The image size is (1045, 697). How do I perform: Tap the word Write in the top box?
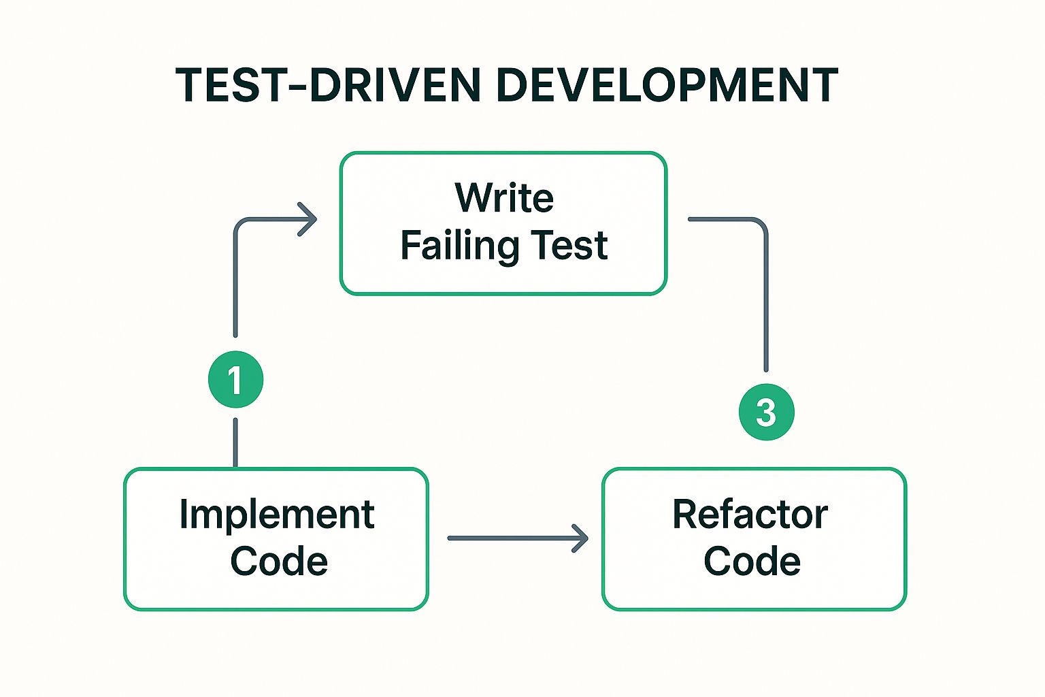click(x=504, y=197)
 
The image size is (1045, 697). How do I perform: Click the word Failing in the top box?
click(x=460, y=246)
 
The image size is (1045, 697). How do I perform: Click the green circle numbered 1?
click(x=235, y=379)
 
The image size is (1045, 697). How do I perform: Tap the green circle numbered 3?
click(x=767, y=412)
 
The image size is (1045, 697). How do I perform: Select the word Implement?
click(x=277, y=515)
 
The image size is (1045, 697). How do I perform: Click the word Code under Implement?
click(x=279, y=560)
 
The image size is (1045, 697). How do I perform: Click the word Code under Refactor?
click(x=752, y=560)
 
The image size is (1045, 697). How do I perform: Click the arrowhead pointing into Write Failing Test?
click(x=308, y=219)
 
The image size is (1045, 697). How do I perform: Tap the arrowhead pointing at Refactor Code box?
click(x=580, y=538)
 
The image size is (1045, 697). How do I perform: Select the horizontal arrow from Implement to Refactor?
click(x=518, y=538)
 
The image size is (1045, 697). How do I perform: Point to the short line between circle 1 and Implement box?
click(x=235, y=442)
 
